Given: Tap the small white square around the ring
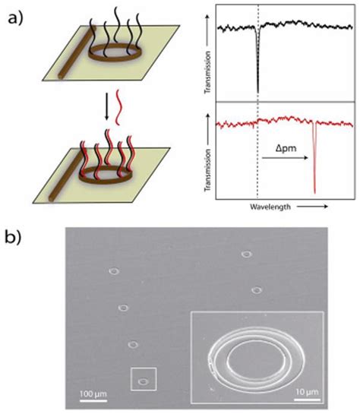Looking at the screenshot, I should coord(144,379).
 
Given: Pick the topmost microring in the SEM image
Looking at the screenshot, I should coord(246,254).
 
